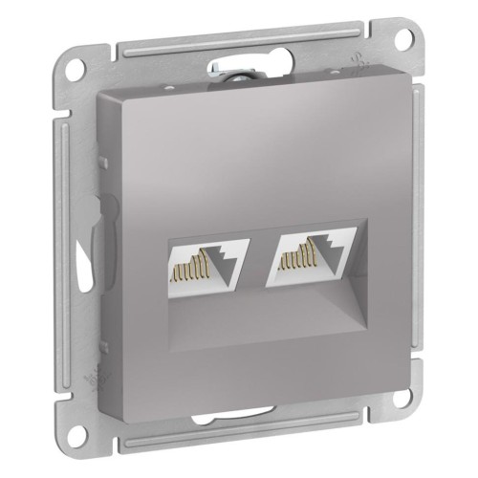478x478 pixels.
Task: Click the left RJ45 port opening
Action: coord(207,270)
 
